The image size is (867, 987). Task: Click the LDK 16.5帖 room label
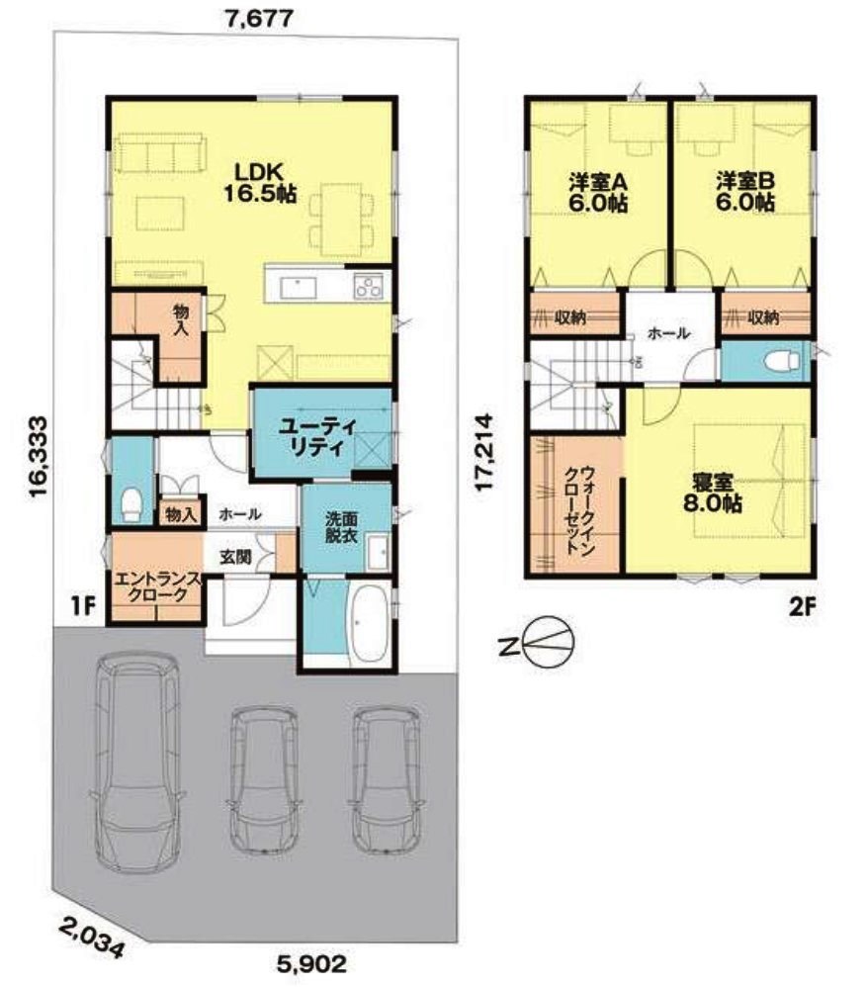(260, 182)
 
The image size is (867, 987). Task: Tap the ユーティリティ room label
(317, 437)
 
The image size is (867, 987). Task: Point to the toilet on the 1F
(130, 504)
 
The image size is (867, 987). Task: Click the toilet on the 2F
(781, 362)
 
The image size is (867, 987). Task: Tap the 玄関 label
(235, 556)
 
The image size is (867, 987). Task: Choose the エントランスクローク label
(156, 586)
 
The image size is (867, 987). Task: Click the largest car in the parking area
(137, 763)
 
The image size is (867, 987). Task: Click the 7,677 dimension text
(259, 19)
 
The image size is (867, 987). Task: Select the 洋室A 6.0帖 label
(598, 192)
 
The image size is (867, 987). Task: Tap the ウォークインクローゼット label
(578, 510)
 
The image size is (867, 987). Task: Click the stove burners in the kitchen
(368, 287)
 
